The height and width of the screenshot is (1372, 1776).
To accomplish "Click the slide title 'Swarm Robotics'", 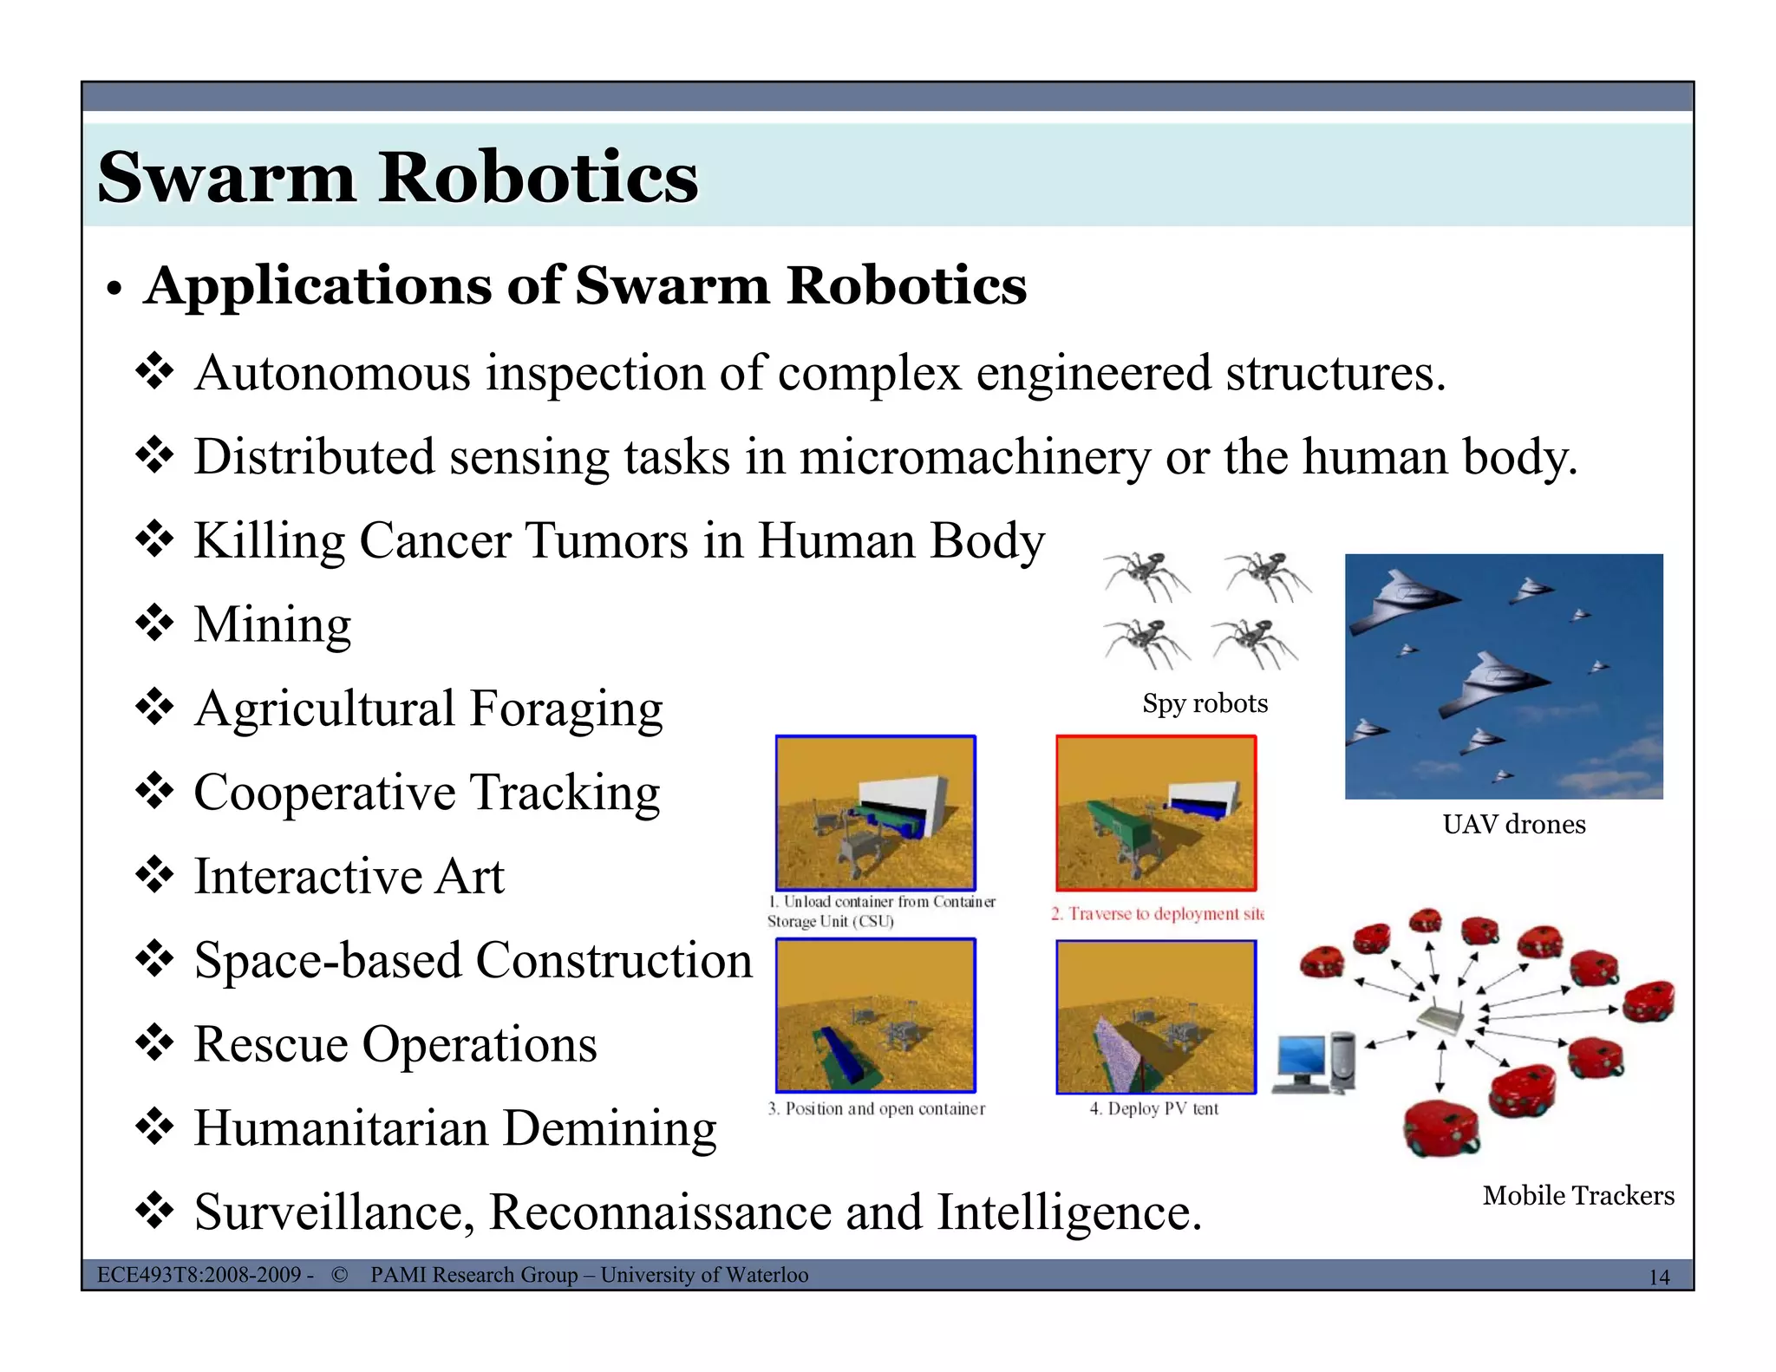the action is point(398,177).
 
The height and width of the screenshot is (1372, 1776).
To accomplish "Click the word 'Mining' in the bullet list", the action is point(272,624).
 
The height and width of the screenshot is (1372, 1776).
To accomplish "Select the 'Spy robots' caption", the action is point(1205,703).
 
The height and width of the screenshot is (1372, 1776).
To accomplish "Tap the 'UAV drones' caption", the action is point(1513,824).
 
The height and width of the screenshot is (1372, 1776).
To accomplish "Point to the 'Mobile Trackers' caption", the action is point(1577,1195).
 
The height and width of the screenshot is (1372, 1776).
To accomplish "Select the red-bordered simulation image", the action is point(1156,813).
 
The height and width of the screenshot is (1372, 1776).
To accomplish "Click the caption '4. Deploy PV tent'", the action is point(1153,1108).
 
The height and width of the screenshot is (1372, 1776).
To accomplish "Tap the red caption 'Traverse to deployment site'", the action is point(1158,914).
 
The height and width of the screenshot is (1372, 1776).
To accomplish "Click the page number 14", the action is point(1658,1277).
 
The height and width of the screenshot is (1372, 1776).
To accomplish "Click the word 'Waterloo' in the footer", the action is point(767,1275).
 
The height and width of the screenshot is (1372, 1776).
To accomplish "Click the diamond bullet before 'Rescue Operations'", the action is point(154,1043).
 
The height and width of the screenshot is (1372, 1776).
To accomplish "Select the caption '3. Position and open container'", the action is point(876,1108).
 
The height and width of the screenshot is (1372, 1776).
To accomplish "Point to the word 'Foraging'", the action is point(566,709).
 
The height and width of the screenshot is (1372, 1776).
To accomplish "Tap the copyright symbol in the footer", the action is point(340,1275).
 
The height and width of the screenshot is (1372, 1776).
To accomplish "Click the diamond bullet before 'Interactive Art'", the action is point(154,875).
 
